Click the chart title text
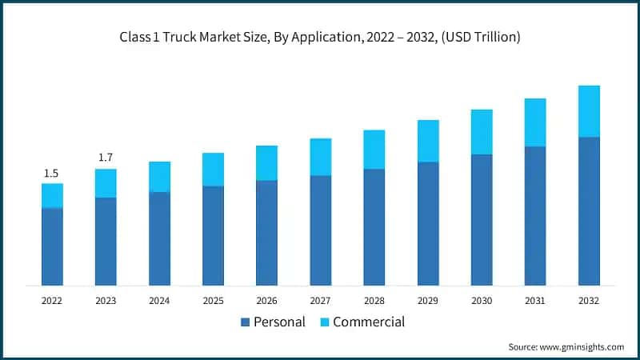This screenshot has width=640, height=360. coord(320,38)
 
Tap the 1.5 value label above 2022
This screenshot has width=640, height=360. coord(51,173)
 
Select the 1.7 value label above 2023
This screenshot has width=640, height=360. coord(106,158)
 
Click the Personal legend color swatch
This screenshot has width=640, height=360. coord(244,322)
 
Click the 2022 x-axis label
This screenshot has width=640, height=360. coord(51,301)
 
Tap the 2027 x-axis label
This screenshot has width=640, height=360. coord(320,301)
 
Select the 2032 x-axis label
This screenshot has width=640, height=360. coord(589,301)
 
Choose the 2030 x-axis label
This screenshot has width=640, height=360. coord(482,301)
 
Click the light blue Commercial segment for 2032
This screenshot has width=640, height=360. coord(589,111)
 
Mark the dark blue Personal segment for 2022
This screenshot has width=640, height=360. coord(52,246)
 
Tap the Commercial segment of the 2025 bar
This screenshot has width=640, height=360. coord(213,170)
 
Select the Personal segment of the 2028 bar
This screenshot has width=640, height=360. coord(374,227)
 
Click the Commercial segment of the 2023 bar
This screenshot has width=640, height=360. coord(106,183)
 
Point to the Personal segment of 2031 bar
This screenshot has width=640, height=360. coord(535,216)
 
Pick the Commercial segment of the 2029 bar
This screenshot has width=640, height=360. coord(428,141)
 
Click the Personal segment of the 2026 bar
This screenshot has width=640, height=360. coord(266,233)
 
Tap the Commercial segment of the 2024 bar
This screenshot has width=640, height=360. coord(159,177)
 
